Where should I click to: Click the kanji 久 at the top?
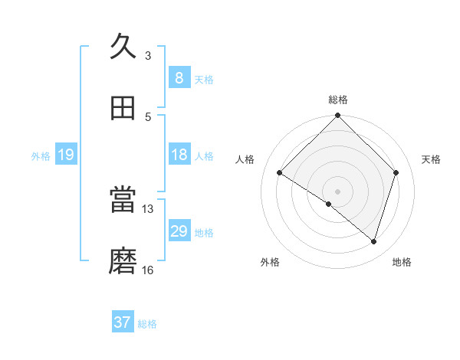point(123,47)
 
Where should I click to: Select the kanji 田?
point(123,108)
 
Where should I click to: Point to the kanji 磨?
point(123,261)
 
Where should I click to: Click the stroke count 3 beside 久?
point(148,55)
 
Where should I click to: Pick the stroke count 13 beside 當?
point(148,208)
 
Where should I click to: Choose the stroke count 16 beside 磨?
point(148,270)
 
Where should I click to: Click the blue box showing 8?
point(179,77)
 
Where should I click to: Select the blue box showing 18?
point(179,155)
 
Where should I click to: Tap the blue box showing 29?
point(179,231)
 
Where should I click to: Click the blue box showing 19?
point(66,155)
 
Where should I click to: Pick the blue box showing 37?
point(123,322)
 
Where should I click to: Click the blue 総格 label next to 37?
point(148,324)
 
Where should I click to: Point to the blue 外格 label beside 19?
point(41,156)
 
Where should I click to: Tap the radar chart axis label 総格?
point(338,100)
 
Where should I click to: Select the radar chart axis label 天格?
point(432,159)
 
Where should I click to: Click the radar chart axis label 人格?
point(245,159)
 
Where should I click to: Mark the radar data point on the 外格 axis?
point(329,204)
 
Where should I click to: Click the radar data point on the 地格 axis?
point(374,241)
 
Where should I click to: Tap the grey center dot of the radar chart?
point(338,191)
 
